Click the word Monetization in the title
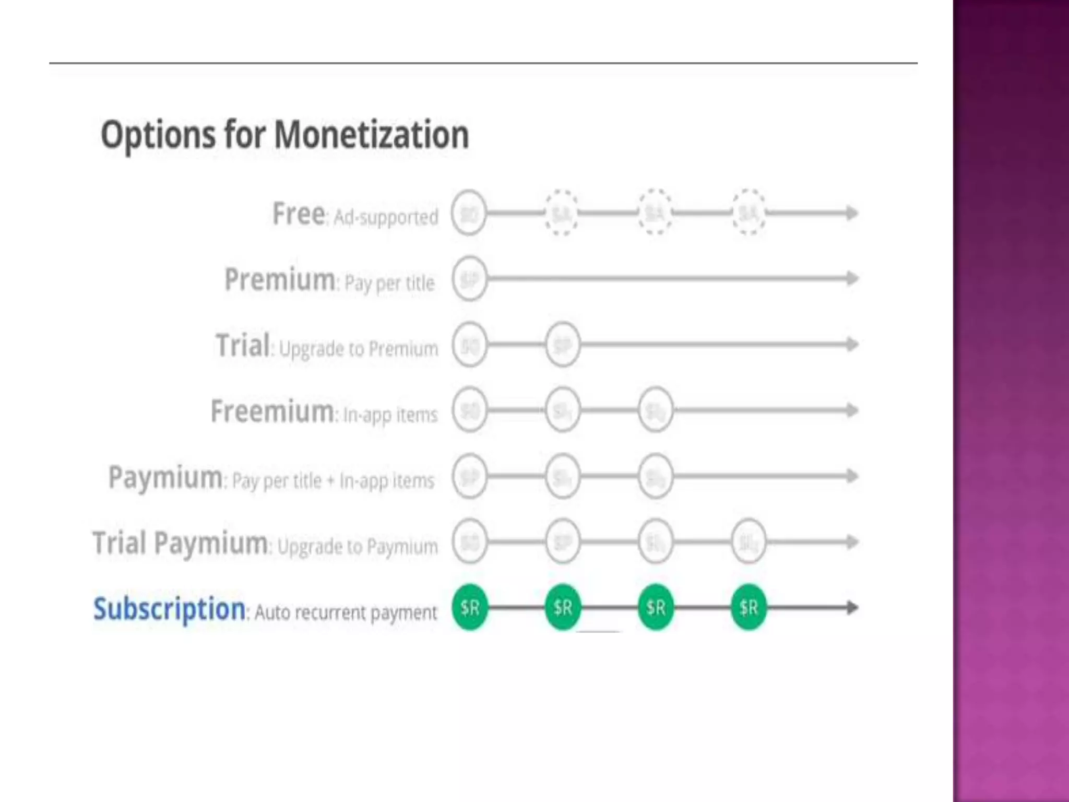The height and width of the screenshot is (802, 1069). point(371,135)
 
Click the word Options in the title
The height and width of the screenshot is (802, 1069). point(158,135)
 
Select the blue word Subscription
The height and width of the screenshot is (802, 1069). point(169,609)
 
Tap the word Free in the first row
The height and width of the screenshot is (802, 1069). point(299,214)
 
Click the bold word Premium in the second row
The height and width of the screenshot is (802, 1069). point(280,279)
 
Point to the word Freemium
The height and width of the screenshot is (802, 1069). point(272,411)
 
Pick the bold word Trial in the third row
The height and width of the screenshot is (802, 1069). point(243,345)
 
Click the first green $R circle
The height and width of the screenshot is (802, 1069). point(470,607)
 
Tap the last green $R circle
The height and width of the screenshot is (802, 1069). point(749,607)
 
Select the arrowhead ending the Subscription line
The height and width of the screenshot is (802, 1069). point(852,607)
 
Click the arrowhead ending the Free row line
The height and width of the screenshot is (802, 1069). point(852,213)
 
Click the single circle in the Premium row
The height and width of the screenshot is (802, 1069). point(470,279)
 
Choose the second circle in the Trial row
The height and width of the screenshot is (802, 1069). point(563,345)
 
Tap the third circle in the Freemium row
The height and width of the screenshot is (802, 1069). point(656,410)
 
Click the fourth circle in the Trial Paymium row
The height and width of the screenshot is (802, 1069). point(749,542)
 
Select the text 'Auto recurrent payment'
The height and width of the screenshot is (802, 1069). point(346,612)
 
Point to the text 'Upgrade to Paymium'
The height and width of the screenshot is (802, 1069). point(358,547)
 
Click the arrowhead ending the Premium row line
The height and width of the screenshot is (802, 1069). point(852,278)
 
